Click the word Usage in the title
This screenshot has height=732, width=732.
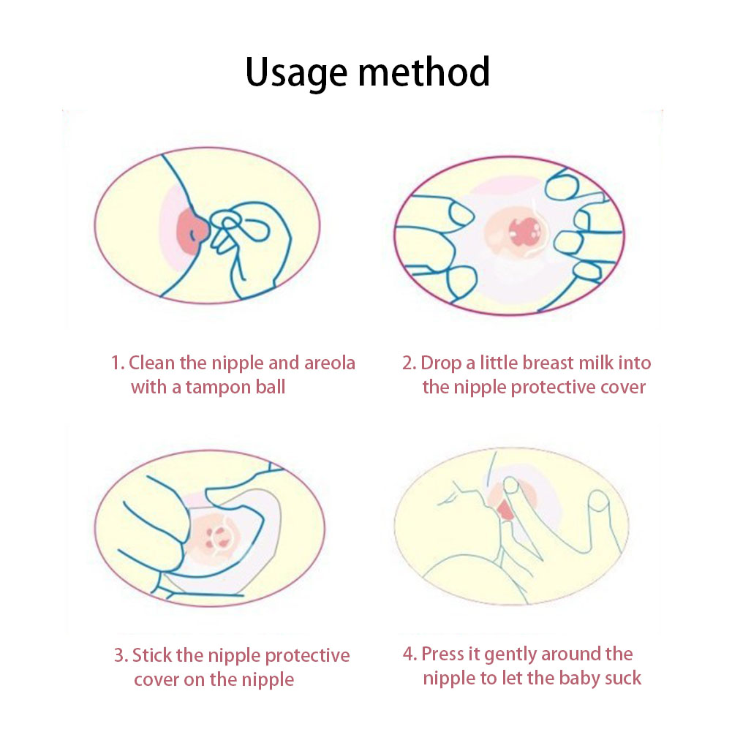[x=296, y=73]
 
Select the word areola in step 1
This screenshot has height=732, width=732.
[x=330, y=363]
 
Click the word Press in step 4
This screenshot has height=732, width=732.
[x=442, y=654]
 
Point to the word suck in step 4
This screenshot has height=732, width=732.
[x=623, y=679]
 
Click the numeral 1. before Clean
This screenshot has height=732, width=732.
[x=117, y=363]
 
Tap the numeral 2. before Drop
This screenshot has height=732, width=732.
[x=409, y=363]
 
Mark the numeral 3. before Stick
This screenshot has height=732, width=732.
[x=121, y=655]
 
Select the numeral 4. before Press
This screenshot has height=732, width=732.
[x=410, y=654]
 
